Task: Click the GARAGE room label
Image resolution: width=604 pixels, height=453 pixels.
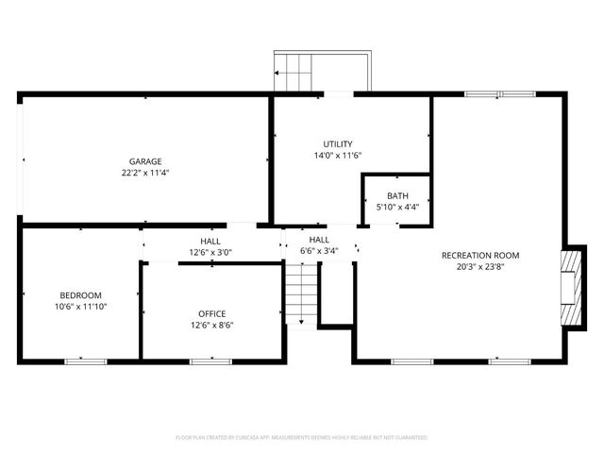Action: pyautogui.click(x=145, y=161)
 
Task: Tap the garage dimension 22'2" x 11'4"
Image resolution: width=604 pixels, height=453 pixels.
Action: pyautogui.click(x=145, y=173)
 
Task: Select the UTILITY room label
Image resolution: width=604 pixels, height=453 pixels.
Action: pyautogui.click(x=338, y=143)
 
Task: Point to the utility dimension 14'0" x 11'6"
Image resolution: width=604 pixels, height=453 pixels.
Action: pyautogui.click(x=338, y=155)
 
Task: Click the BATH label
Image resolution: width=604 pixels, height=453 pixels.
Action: pyautogui.click(x=397, y=195)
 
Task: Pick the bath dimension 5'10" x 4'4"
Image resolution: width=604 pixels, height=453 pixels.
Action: pyautogui.click(x=397, y=207)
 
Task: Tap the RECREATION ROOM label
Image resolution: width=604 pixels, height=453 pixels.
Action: pyautogui.click(x=480, y=255)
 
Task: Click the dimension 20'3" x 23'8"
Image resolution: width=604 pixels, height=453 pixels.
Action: pyautogui.click(x=480, y=266)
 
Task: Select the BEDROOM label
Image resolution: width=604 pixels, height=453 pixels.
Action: pyautogui.click(x=80, y=294)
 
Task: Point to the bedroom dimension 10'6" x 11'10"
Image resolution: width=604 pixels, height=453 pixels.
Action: pyautogui.click(x=80, y=306)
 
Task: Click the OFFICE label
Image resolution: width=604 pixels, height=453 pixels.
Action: pyautogui.click(x=211, y=313)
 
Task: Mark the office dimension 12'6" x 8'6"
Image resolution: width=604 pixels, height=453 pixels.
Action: pyautogui.click(x=211, y=325)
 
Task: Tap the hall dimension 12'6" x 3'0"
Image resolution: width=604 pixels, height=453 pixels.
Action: pyautogui.click(x=210, y=252)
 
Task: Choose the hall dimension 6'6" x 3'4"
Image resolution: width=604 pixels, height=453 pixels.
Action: pyautogui.click(x=319, y=252)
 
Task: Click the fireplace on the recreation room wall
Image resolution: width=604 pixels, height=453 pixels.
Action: pyautogui.click(x=570, y=288)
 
